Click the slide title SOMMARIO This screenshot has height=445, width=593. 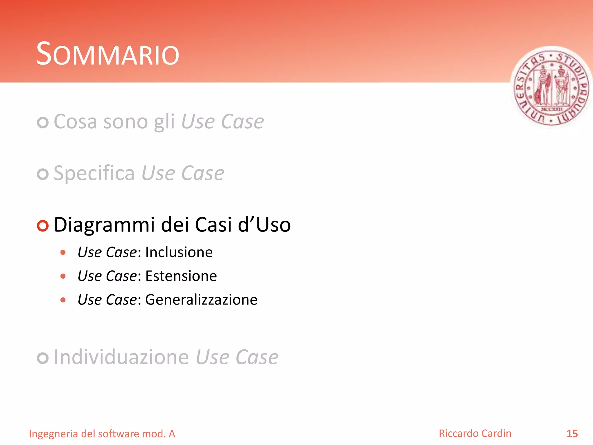pos(107,54)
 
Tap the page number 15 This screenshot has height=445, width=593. pos(572,434)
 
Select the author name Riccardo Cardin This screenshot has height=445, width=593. pos(475,433)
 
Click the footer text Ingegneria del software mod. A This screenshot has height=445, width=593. pos(102,434)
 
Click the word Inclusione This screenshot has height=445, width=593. pos(179,252)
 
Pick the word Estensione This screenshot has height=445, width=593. pos(181,276)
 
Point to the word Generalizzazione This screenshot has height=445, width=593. pos(201,300)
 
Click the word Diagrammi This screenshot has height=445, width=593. pos(104,225)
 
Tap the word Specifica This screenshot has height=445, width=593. pos(94,173)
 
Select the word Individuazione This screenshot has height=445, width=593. pos(121,357)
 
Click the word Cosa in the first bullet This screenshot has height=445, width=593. pos(75,121)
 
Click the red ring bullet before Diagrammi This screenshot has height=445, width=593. pos(43,226)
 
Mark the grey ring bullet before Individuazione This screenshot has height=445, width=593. pos(43,358)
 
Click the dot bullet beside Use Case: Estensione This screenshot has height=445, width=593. pos(63,276)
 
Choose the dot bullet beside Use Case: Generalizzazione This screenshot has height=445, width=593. pos(63,300)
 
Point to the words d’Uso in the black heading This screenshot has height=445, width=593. pos(264,225)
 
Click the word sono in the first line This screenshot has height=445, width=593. pos(126,122)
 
